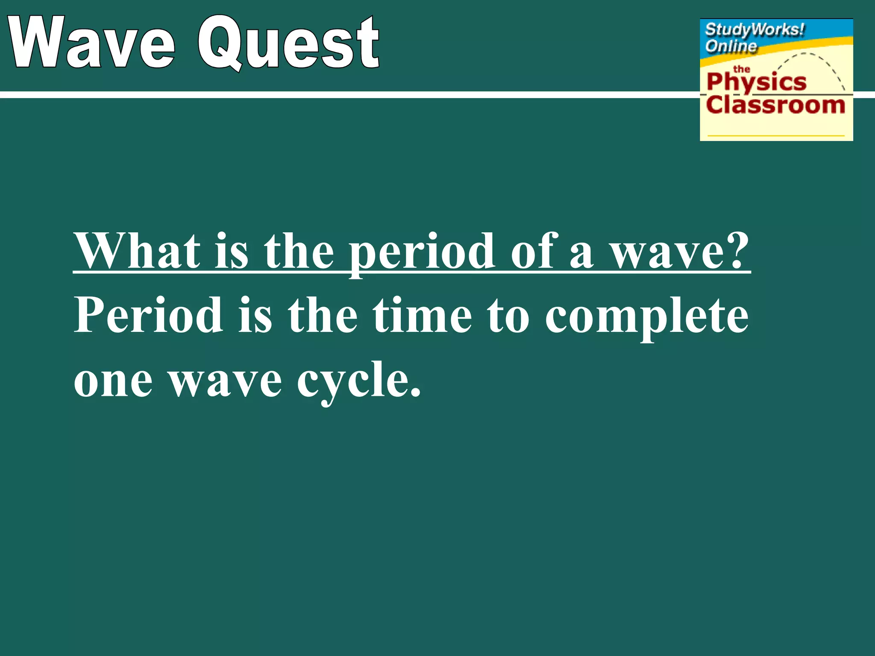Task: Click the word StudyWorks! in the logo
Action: [755, 30]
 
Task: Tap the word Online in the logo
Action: [731, 46]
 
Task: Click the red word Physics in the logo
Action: [756, 82]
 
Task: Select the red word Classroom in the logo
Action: [775, 105]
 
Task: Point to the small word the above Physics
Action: [741, 69]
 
